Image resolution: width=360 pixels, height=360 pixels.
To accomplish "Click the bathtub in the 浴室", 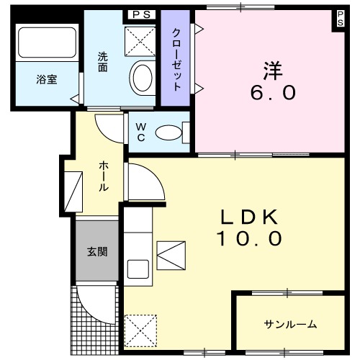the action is pos(47,42).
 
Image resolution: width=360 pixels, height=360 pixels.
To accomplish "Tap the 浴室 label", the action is pos(47,80).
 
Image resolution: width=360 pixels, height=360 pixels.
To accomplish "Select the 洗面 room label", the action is pos(103,62).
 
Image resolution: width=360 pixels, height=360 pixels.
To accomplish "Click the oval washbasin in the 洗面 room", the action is pos(143,78).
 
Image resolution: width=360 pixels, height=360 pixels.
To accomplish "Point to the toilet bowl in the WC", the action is pos(168,132).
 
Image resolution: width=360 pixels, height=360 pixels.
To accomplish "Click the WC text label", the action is pos(141,132).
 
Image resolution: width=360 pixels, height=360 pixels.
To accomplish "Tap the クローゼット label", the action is pos(176,59).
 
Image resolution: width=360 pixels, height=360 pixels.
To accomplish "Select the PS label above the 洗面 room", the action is pos(142,14).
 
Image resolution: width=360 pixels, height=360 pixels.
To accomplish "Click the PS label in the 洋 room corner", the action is pos(340,19).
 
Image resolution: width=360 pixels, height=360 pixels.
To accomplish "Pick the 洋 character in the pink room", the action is pos(273,71).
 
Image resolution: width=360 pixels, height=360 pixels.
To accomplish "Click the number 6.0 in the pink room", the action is pos(273,93).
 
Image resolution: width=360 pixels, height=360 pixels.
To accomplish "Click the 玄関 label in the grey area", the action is pos(97,252).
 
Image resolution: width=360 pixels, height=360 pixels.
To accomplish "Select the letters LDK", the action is pos(250,217).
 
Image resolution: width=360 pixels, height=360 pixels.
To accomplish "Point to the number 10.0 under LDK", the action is pos(250,238).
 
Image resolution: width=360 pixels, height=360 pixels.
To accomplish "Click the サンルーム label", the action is pos(290,324).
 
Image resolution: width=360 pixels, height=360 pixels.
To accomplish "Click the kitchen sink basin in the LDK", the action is pos(138,269).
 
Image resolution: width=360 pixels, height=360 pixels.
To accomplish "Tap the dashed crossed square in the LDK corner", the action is pos(140,330).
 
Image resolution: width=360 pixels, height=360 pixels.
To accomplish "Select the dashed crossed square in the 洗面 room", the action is pos(140,42).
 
